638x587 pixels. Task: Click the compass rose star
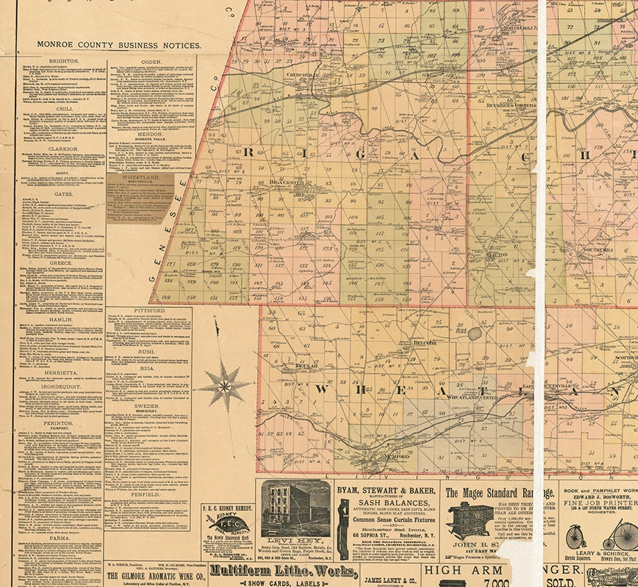click(x=224, y=387)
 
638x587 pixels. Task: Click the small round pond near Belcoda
click(x=474, y=333)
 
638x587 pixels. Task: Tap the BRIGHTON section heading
click(x=60, y=61)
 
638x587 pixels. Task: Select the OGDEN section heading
click(x=151, y=61)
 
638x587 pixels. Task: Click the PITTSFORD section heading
click(x=149, y=310)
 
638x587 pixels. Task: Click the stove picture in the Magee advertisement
click(x=470, y=521)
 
